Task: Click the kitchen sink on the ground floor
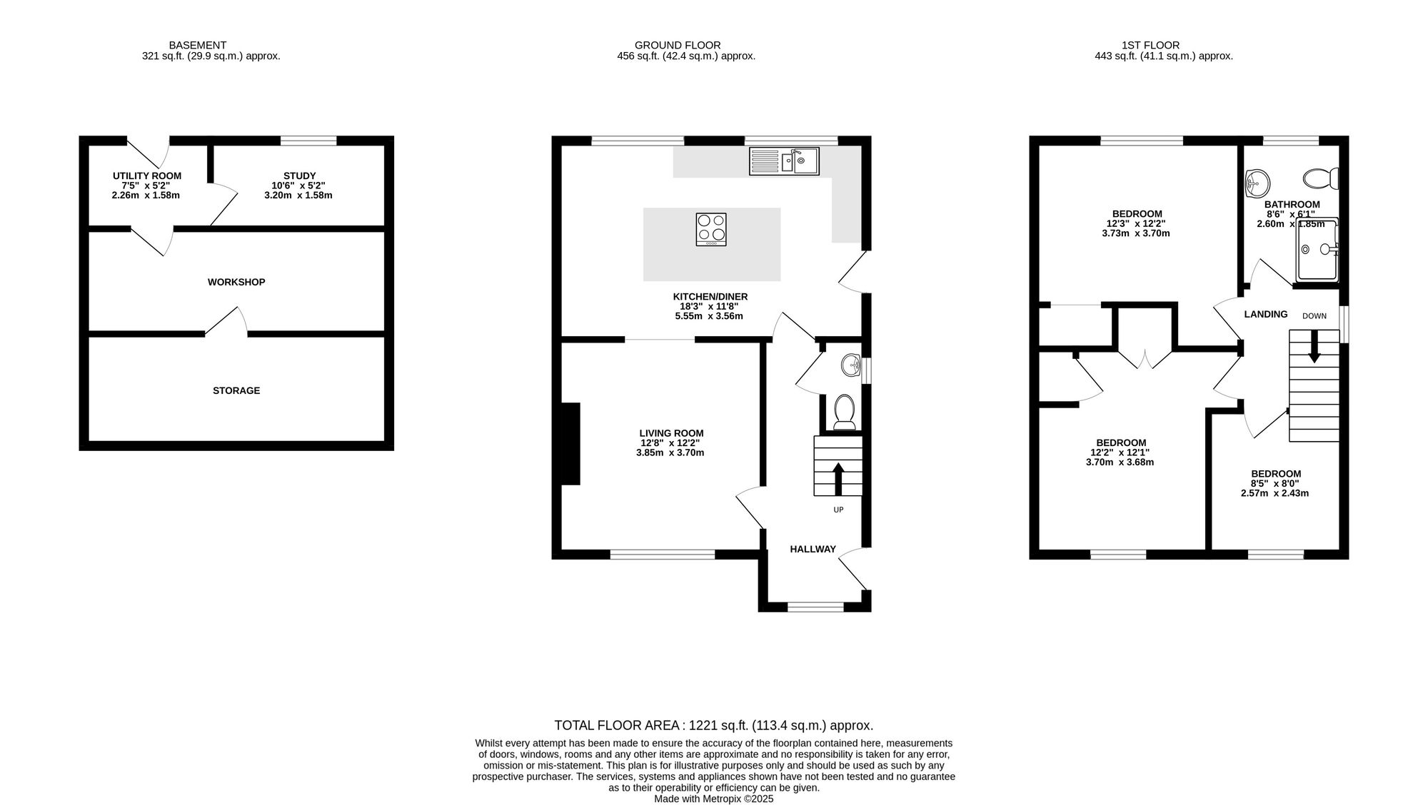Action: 784,161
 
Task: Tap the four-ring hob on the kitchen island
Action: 711,230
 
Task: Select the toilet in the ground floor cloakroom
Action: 845,412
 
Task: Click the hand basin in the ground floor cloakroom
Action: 852,365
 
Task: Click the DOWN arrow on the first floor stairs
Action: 1314,348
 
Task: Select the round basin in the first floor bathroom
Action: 1257,183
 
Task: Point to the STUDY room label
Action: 299,176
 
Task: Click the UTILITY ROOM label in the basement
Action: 147,176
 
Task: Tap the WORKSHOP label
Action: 236,282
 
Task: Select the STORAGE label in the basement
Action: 236,390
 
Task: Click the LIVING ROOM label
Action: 671,433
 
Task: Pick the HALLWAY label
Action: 813,549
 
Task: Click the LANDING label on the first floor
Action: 1266,314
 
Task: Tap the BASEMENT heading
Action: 198,45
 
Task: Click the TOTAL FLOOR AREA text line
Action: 714,726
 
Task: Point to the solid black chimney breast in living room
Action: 570,444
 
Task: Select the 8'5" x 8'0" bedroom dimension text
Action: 1275,483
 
